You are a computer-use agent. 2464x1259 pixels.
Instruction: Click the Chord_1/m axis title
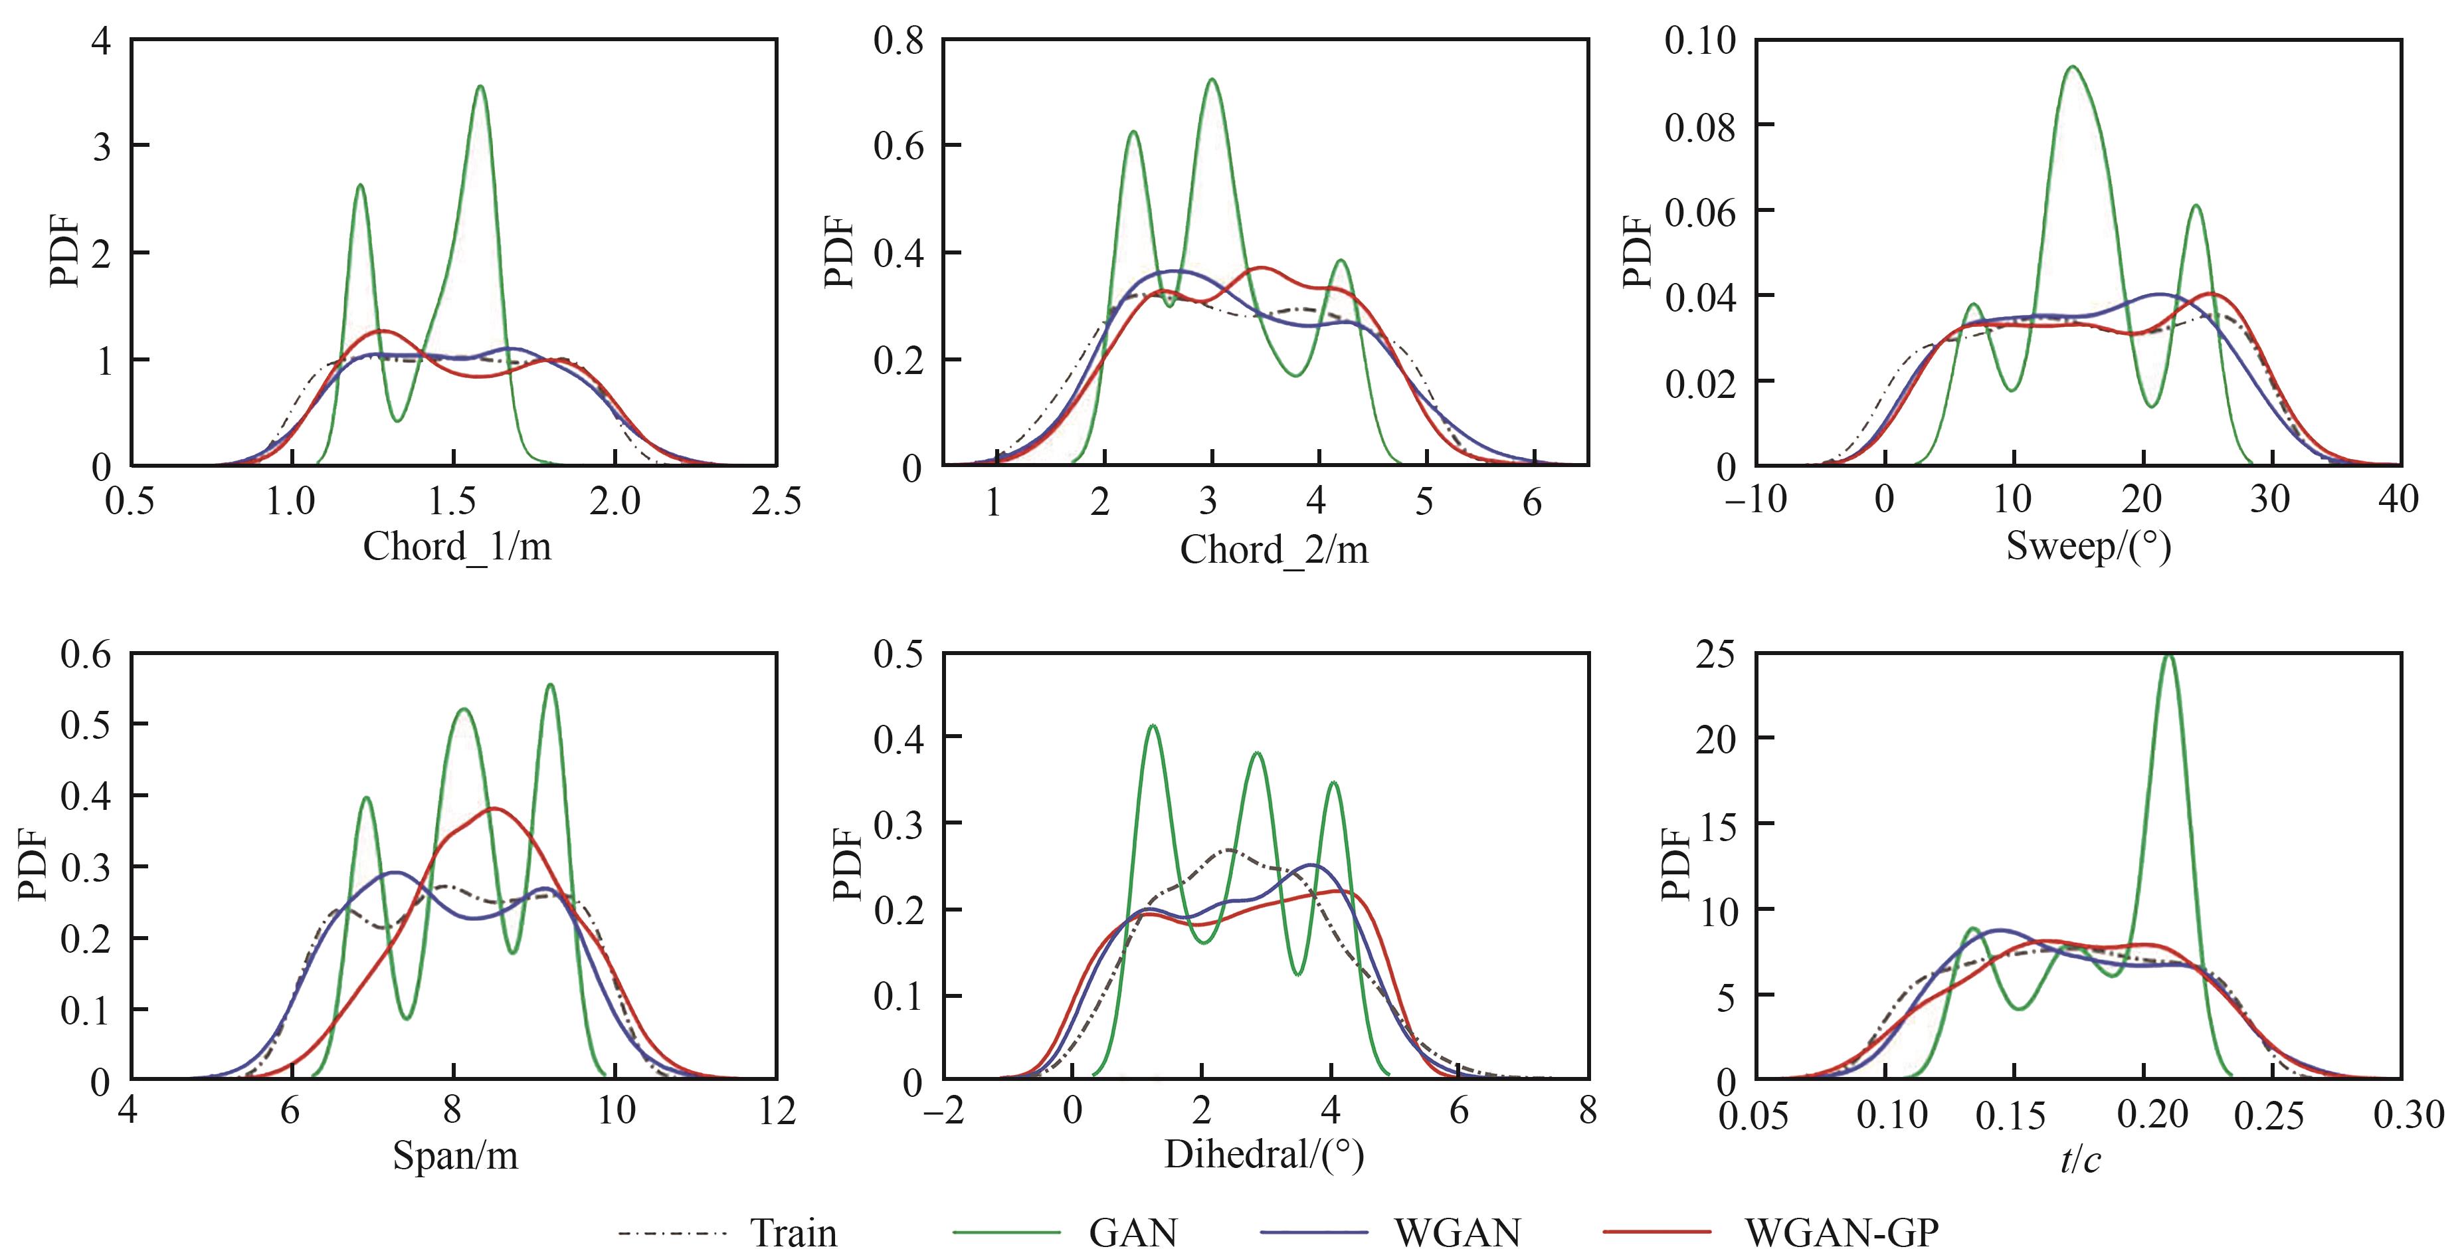tap(456, 547)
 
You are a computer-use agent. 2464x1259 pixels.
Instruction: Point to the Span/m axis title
tap(455, 1155)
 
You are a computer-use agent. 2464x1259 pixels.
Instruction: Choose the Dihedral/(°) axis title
tap(1264, 1155)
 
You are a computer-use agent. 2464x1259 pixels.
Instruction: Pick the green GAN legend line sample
tap(1006, 1232)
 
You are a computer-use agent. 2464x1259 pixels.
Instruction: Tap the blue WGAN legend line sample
tap(1313, 1232)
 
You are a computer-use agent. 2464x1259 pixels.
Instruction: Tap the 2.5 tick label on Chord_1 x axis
tap(775, 502)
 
